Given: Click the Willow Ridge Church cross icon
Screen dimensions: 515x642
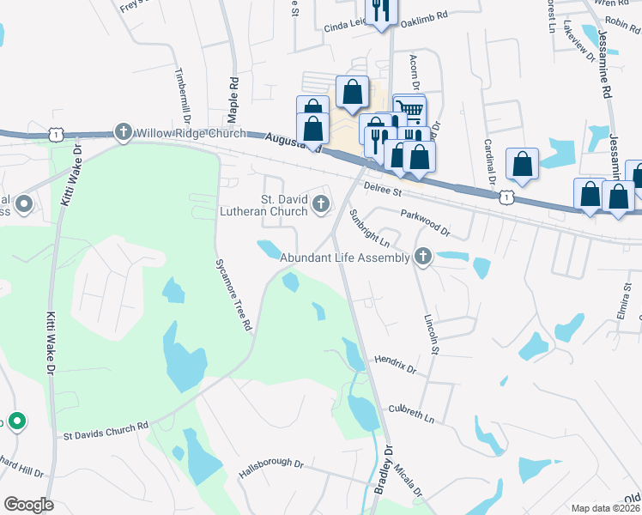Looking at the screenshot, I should pos(123,132).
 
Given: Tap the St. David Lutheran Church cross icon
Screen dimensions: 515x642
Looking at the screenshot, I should pos(321,203).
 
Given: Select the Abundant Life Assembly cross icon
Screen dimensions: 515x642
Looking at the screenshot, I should pos(422,256).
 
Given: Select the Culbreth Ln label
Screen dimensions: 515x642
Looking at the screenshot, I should pos(411,413).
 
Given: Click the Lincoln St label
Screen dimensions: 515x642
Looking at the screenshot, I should pos(432,333).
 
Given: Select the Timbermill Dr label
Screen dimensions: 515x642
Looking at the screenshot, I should pos(183,96).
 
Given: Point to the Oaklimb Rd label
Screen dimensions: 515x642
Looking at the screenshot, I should pos(427,16).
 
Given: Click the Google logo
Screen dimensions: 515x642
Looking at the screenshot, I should pos(28,505).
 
